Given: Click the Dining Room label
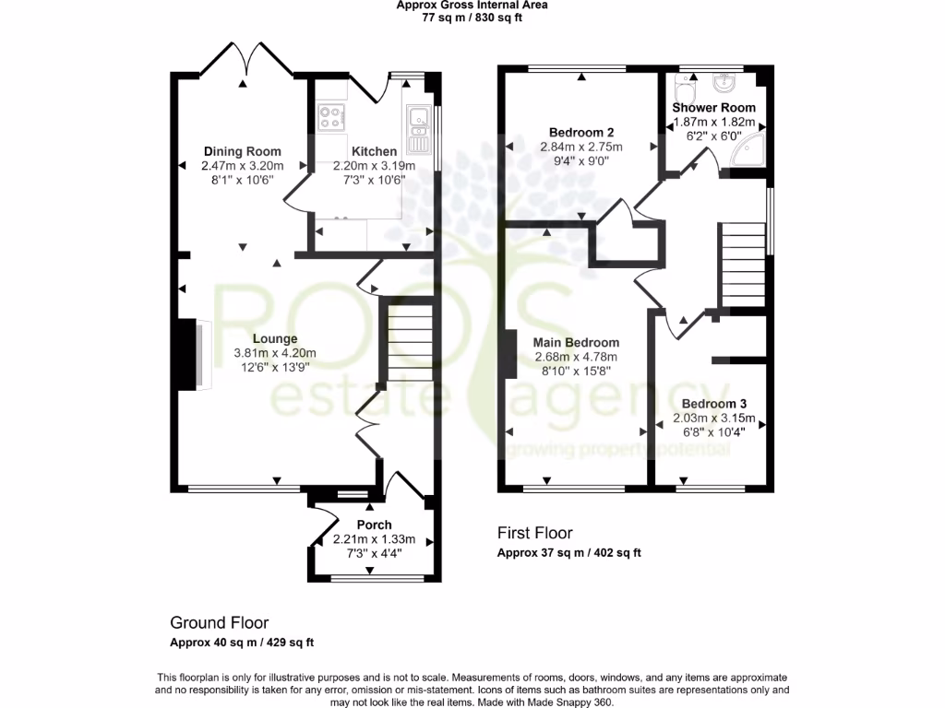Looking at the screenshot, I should [x=242, y=151].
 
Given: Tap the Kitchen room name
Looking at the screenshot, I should [x=375, y=151].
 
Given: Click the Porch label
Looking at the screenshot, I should [x=374, y=525].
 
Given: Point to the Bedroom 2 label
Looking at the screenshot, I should [x=581, y=131].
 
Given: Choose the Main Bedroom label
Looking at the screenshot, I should [x=576, y=343].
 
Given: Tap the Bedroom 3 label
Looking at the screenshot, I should [x=713, y=404].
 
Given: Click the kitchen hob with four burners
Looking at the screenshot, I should [x=330, y=116].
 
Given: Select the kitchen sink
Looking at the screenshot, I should [x=417, y=128].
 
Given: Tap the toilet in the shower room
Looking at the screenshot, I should [x=685, y=91].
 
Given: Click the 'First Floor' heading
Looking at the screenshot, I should [x=534, y=533].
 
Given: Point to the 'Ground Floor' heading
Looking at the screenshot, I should [x=219, y=623].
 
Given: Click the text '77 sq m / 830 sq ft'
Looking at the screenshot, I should [x=472, y=18].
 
